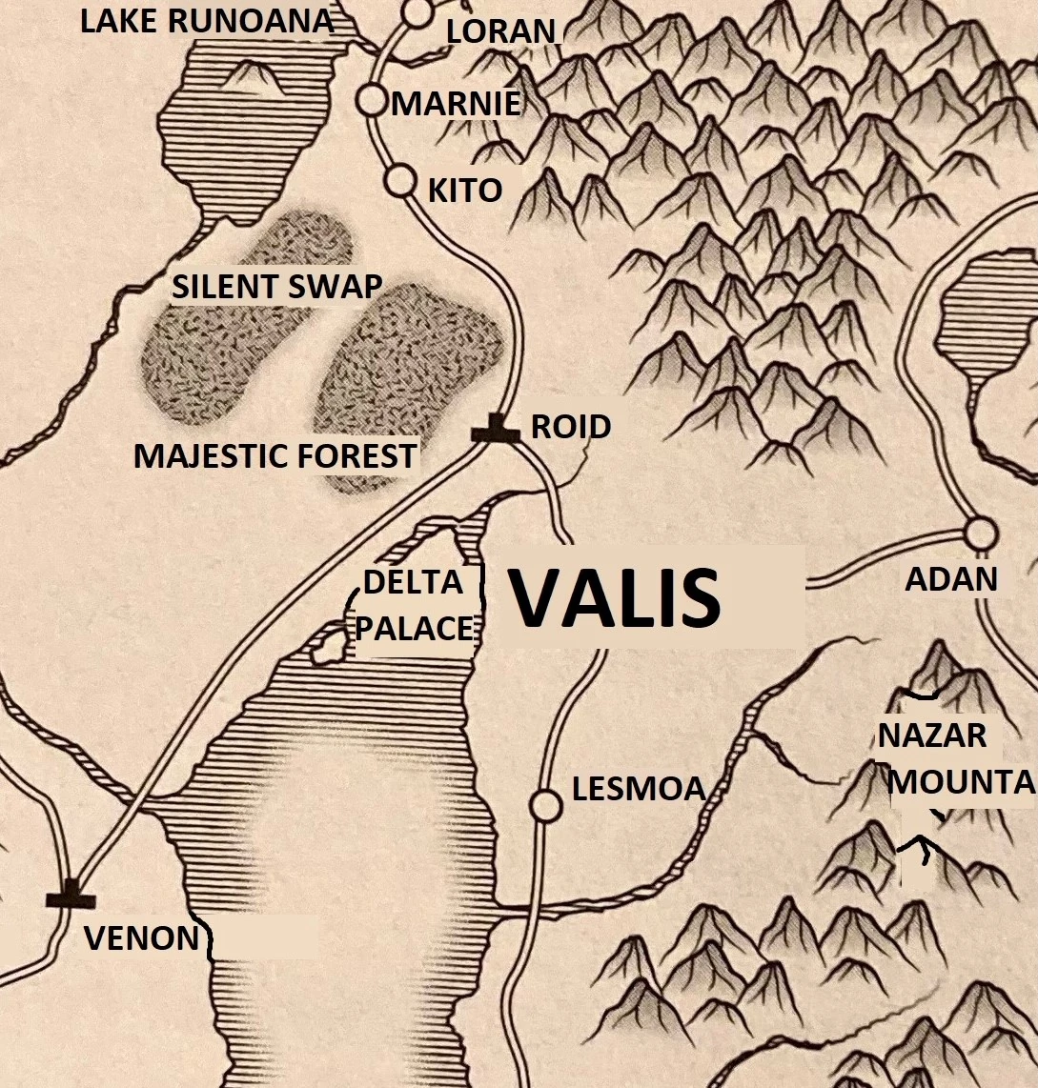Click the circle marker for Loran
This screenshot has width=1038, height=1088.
coord(416,12)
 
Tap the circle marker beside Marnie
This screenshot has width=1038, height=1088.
coord(371,99)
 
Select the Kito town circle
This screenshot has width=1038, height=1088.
coord(399,179)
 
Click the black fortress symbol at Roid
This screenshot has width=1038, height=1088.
coord(497,430)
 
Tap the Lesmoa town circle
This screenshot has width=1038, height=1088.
coord(546,805)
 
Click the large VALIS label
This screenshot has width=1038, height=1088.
coord(614,598)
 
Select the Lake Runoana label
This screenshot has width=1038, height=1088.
coord(207,22)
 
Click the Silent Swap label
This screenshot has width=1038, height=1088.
coord(276,286)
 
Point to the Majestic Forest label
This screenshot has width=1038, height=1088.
coord(275,455)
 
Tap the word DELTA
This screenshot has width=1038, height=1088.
coord(413,580)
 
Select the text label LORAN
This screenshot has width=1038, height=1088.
coord(500,31)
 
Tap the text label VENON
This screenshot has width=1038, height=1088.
coord(141,938)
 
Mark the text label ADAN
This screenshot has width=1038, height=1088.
coord(951,578)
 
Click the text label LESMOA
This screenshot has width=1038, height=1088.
coord(639,789)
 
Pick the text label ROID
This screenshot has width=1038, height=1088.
coord(571,426)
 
